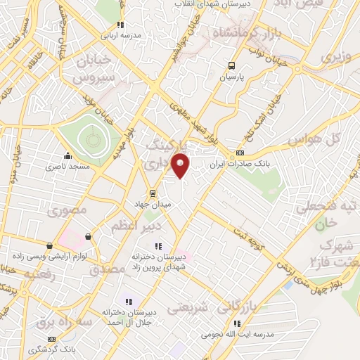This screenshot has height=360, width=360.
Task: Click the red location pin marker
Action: pyautogui.click(x=181, y=165)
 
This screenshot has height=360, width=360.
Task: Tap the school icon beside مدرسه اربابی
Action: pyautogui.click(x=120, y=24)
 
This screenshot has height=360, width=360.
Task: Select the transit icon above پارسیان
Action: pyautogui.click(x=231, y=67)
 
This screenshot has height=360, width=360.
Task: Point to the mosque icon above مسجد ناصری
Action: pyautogui.click(x=67, y=157)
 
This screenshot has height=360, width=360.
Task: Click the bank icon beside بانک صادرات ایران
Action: pyautogui.click(x=241, y=153)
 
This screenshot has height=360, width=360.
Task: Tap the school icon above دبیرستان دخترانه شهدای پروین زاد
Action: pyautogui.click(x=158, y=246)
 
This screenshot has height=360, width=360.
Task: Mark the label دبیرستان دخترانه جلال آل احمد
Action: pyautogui.click(x=127, y=317)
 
